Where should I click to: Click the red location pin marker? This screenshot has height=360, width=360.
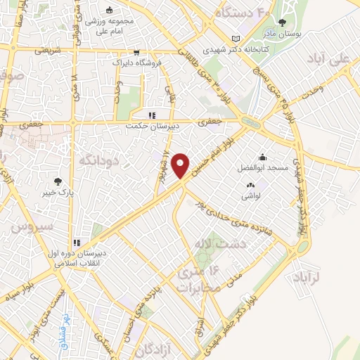181,165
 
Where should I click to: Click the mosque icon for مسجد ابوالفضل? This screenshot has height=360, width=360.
262,157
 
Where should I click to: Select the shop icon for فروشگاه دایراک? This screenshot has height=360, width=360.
136,51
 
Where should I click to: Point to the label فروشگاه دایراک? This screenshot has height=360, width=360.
136,62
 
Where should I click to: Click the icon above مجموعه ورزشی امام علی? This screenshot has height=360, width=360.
109,11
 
